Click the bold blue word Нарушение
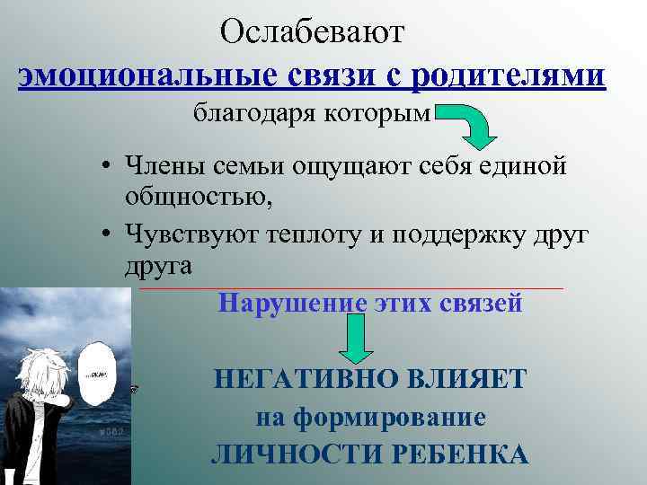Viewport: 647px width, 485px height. click(293, 303)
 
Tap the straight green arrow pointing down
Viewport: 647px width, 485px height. click(356, 342)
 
